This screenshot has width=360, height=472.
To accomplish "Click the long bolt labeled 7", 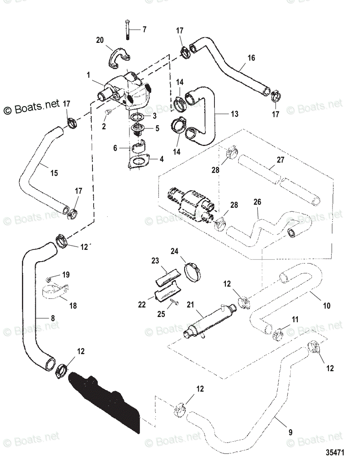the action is coord(127,30).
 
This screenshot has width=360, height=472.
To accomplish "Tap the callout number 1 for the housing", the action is coord(89,75).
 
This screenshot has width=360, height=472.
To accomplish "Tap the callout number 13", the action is coord(235,114).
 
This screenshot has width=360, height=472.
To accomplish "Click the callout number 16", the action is coord(251,58).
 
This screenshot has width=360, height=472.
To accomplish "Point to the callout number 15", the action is coord(54,173).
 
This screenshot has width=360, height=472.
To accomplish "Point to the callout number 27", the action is coord(281,160).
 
